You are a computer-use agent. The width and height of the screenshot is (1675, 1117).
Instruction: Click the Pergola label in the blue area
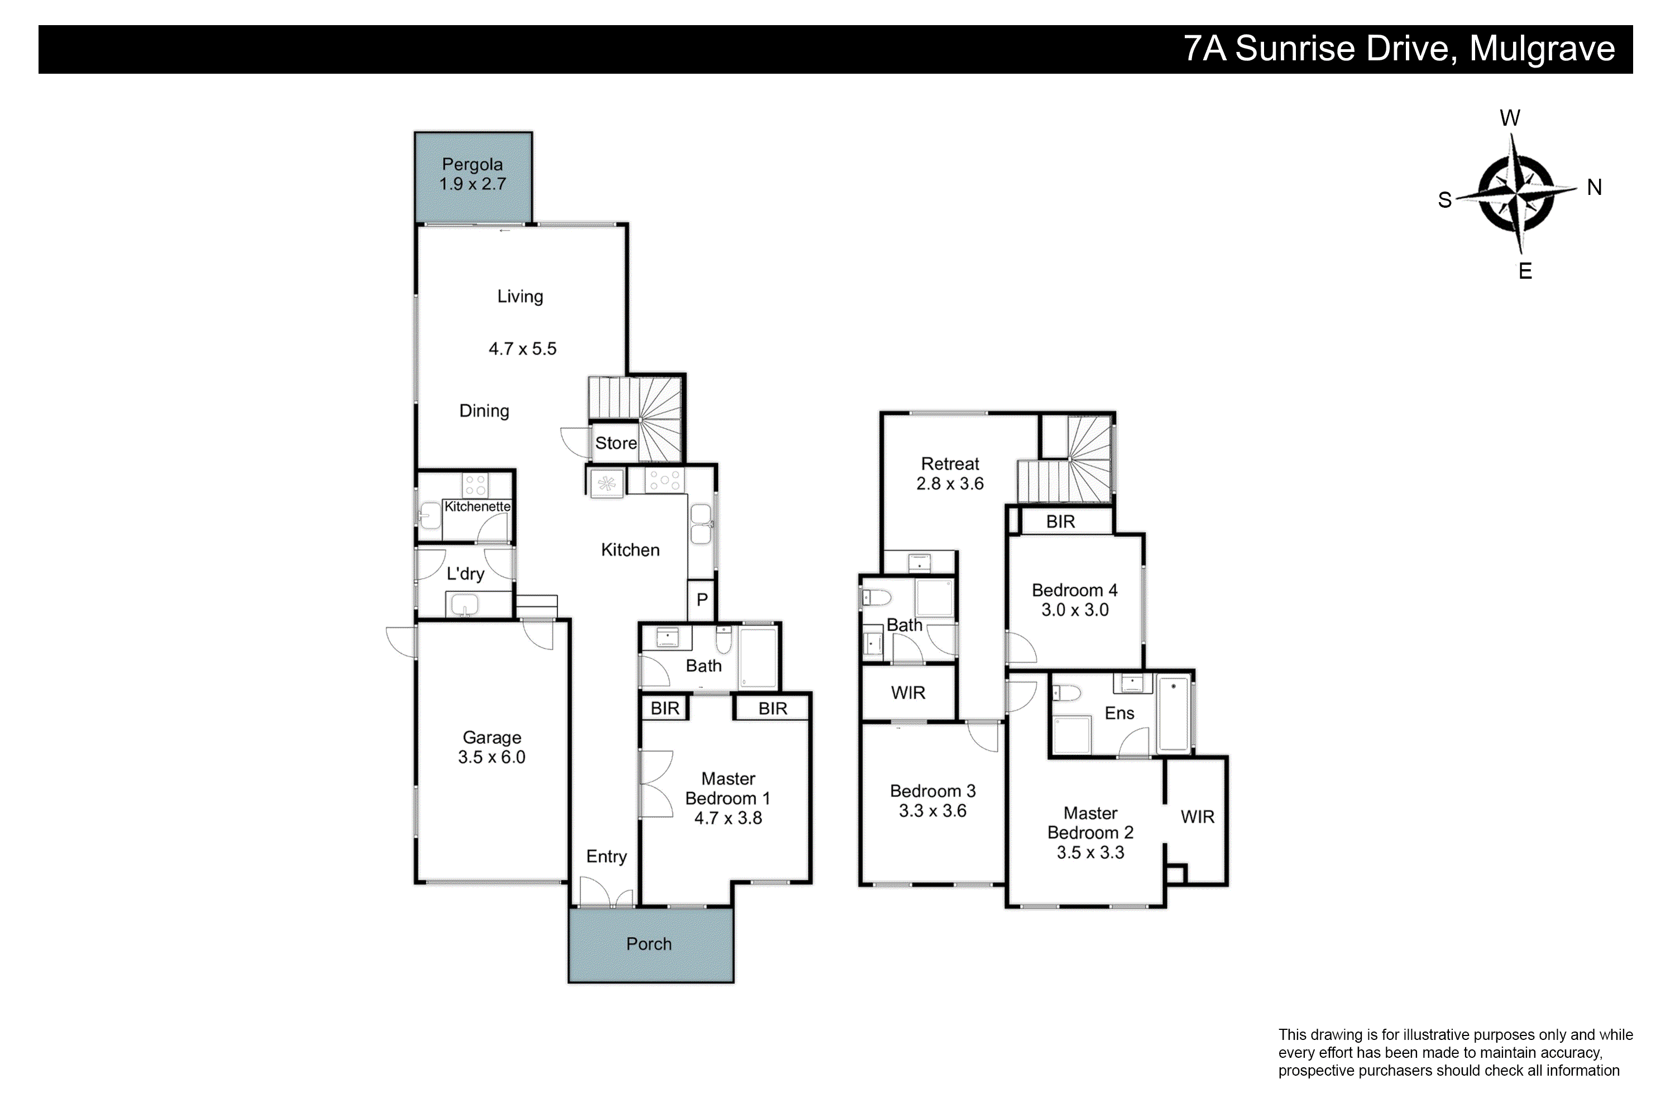(x=472, y=165)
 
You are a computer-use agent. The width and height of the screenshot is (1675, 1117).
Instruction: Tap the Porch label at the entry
(x=649, y=944)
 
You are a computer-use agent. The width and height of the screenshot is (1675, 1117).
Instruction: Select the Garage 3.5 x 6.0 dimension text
(x=491, y=757)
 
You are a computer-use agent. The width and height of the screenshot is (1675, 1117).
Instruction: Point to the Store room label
(x=616, y=443)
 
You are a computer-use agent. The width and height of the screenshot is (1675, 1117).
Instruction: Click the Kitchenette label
(x=477, y=507)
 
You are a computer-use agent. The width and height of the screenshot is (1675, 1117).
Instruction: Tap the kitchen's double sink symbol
(x=701, y=524)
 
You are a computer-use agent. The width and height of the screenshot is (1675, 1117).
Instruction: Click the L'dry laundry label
(x=465, y=574)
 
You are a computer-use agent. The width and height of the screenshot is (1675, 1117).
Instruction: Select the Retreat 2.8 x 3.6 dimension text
(x=950, y=484)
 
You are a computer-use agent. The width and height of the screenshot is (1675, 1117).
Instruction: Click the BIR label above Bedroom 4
(x=1060, y=522)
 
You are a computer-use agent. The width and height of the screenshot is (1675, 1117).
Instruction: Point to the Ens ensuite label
(x=1119, y=713)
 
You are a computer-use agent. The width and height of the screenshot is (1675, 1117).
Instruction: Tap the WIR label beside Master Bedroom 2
(x=1197, y=817)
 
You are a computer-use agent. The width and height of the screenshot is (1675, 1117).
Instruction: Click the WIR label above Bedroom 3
(x=908, y=693)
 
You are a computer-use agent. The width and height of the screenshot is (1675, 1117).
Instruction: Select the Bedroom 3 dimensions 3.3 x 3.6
(x=932, y=811)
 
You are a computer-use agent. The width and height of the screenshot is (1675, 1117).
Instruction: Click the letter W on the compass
(x=1510, y=117)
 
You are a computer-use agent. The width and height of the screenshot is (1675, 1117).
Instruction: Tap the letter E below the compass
(x=1525, y=271)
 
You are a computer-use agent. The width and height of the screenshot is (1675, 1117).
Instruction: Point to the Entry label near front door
(x=606, y=856)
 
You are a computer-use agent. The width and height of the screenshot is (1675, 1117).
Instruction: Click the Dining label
(x=484, y=411)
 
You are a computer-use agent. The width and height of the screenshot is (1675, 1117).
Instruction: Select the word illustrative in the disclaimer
(x=1432, y=1035)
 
